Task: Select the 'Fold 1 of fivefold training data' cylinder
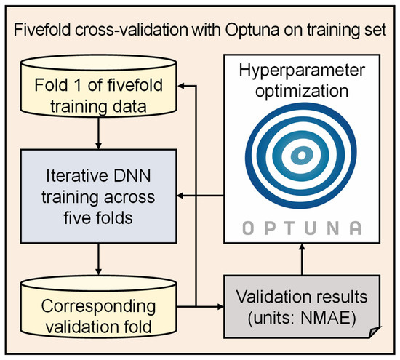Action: point(97,94)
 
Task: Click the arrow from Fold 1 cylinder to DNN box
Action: point(97,135)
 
